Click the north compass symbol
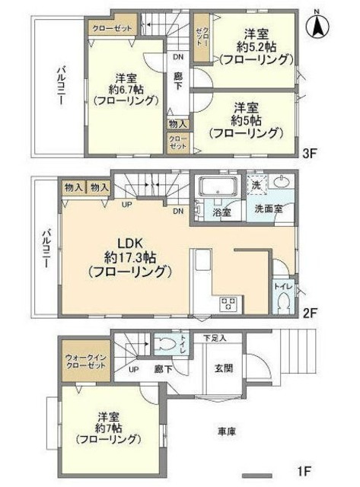click(317, 27)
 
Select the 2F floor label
click(309, 312)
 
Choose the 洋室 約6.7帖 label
click(126, 89)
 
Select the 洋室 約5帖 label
click(248, 119)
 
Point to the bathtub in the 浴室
click(216, 187)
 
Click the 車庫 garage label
click(226, 431)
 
